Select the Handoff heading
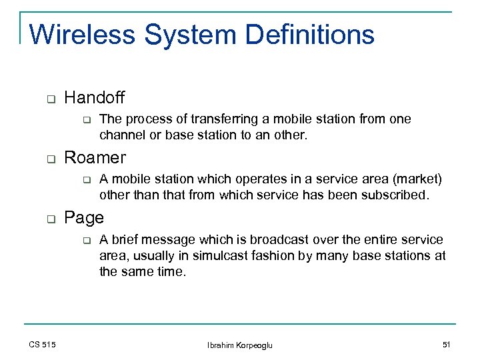(x=94, y=99)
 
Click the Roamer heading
(x=95, y=158)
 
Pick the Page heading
(x=84, y=218)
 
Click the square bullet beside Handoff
(x=49, y=100)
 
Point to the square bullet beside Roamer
(x=49, y=159)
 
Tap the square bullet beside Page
(x=49, y=219)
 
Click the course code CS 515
(x=42, y=344)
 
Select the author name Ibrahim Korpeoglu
(x=240, y=345)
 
